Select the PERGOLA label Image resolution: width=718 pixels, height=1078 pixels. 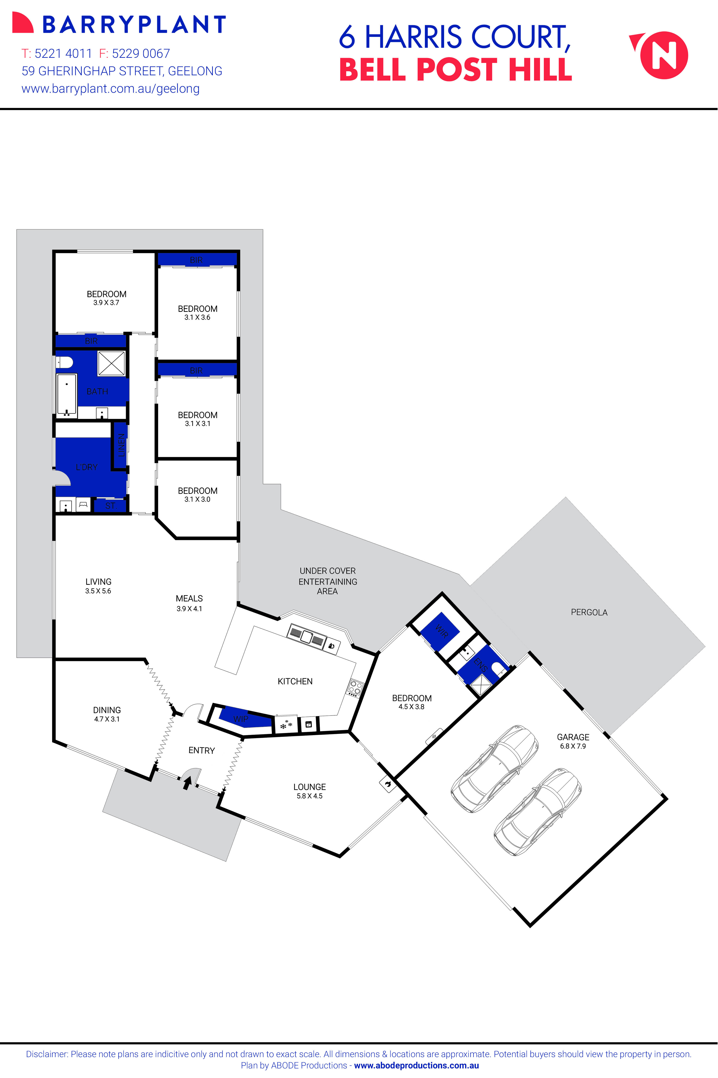[x=589, y=612]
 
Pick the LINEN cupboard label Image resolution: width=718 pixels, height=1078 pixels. [x=121, y=445]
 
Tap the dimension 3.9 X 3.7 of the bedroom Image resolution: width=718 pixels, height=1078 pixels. [x=106, y=303]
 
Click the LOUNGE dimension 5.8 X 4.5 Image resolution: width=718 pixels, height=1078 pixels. [x=310, y=796]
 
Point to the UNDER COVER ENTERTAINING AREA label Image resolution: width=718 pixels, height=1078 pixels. [x=327, y=581]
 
